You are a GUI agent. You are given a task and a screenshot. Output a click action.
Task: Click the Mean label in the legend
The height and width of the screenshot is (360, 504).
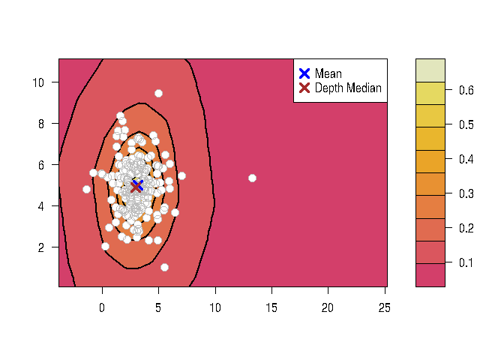(328, 73)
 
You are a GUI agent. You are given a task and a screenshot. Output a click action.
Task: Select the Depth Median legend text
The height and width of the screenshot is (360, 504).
(348, 88)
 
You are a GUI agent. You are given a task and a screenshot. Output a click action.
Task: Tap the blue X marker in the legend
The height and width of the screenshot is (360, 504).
(304, 73)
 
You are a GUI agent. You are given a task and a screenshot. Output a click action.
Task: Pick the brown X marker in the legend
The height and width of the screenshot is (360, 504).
(304, 88)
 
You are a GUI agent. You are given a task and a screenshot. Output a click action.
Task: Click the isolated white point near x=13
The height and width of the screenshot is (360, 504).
(253, 178)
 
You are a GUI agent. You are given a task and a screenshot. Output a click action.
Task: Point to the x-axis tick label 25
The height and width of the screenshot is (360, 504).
(383, 306)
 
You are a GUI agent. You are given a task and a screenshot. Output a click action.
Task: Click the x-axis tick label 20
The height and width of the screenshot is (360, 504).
(327, 306)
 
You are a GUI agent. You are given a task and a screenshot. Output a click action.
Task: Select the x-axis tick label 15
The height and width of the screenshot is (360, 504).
(271, 306)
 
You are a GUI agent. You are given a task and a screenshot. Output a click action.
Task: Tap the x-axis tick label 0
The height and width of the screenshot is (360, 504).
(102, 306)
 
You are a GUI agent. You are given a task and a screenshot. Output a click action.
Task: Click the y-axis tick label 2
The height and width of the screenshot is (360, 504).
(44, 247)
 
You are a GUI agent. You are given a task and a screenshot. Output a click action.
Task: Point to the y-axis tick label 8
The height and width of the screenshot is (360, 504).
(44, 123)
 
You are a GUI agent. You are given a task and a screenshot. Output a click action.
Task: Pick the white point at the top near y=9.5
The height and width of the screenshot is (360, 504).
(158, 93)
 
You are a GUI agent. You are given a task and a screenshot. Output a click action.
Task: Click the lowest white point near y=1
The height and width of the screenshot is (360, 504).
(164, 267)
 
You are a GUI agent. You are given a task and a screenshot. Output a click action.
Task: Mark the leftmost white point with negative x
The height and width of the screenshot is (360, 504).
(86, 189)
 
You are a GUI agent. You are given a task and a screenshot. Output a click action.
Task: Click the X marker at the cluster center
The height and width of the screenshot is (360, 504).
(137, 186)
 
